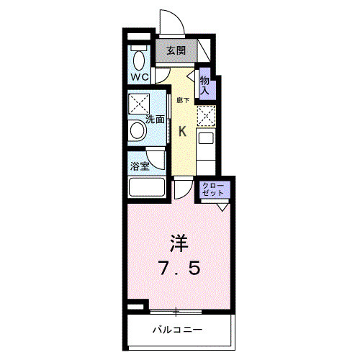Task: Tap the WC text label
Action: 139,76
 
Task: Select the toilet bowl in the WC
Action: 138,58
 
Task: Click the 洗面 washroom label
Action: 156,120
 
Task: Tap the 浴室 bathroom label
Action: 139,166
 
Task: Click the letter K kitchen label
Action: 183,130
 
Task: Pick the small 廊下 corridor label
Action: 182,101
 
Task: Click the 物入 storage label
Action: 204,85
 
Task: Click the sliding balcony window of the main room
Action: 176,311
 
